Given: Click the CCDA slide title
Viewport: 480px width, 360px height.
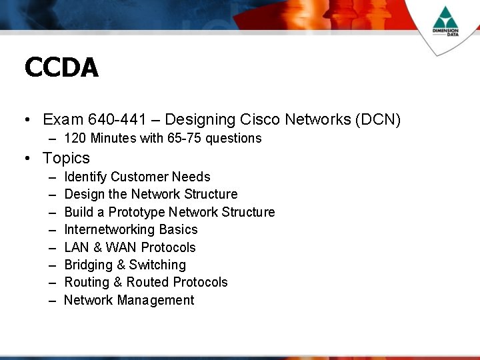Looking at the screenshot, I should coord(61,67).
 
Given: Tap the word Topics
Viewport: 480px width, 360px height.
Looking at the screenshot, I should coord(66,158).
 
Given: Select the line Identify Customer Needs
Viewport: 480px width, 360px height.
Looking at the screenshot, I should coord(137,177).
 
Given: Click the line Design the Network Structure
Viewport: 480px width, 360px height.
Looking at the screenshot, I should coord(151,195).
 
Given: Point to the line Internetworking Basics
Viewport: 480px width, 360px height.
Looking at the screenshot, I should coord(131,230).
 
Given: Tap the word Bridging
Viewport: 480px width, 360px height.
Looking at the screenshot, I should coord(88,265).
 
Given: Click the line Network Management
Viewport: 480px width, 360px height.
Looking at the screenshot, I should coord(129,301).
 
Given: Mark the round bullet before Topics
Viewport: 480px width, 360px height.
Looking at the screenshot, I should coord(27,159).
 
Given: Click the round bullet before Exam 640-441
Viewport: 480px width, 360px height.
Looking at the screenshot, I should coord(27,121).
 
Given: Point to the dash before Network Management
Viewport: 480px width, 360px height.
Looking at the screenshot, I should coord(52,301).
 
